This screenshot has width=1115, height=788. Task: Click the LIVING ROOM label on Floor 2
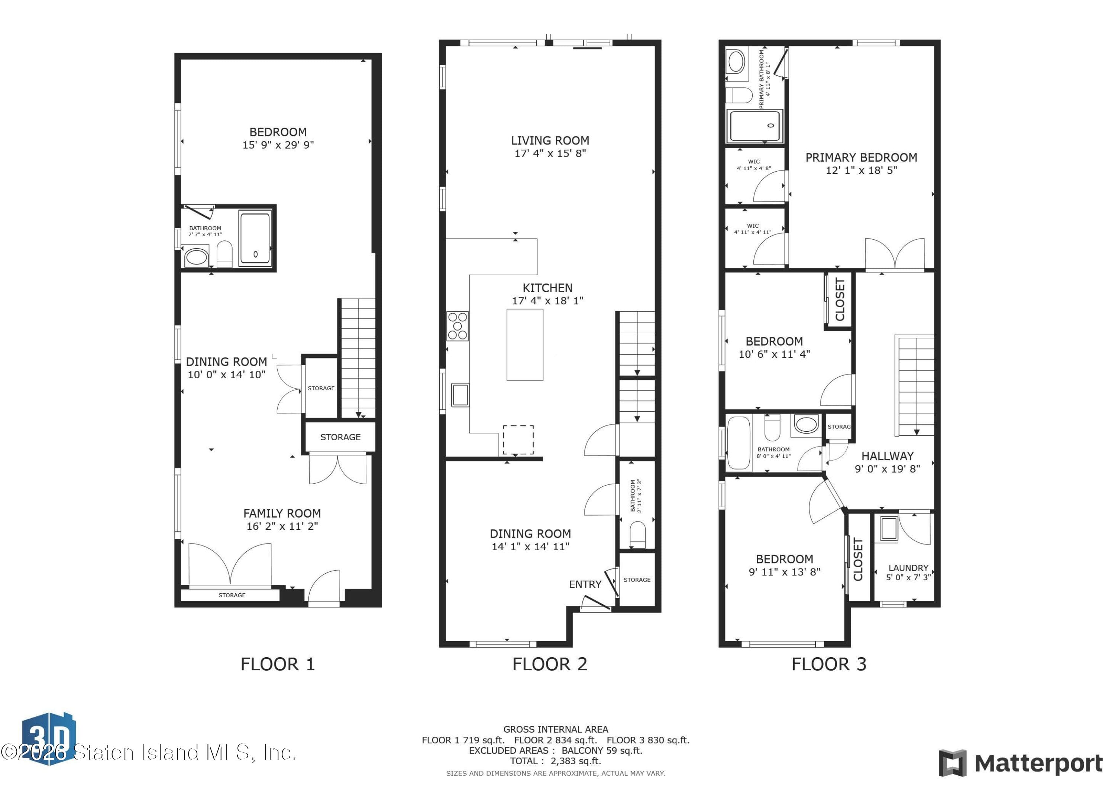pyautogui.click(x=550, y=141)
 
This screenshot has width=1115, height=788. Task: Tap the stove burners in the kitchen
pyautogui.click(x=458, y=326)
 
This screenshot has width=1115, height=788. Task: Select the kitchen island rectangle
pyautogui.click(x=524, y=345)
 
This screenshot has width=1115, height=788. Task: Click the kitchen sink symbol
pyautogui.click(x=460, y=394)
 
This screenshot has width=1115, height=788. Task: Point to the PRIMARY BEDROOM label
pyautogui.click(x=861, y=157)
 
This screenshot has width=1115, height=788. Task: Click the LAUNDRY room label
pyautogui.click(x=908, y=568)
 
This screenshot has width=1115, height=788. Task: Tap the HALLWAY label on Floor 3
pyautogui.click(x=887, y=456)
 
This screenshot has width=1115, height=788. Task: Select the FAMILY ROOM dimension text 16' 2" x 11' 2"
pyautogui.click(x=282, y=526)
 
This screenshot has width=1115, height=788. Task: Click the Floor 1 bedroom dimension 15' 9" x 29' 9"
pyautogui.click(x=278, y=145)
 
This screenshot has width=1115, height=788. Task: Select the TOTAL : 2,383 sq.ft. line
pyautogui.click(x=555, y=761)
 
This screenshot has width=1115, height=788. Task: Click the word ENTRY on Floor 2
pyautogui.click(x=585, y=584)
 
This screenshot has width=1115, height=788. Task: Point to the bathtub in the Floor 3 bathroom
pyautogui.click(x=739, y=442)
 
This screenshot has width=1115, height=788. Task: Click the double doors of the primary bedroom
pyautogui.click(x=895, y=254)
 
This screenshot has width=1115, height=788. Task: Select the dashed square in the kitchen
pyautogui.click(x=518, y=440)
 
